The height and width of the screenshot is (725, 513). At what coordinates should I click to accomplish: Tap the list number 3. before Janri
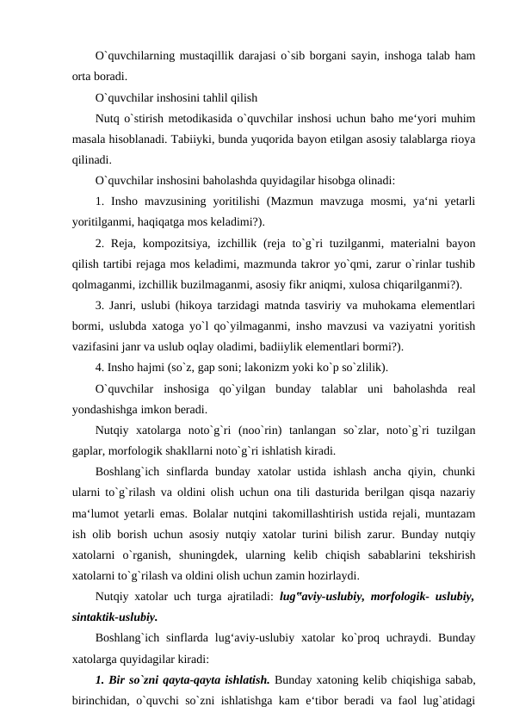[102, 305]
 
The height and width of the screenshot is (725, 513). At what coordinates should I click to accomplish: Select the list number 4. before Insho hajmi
[102, 368]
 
